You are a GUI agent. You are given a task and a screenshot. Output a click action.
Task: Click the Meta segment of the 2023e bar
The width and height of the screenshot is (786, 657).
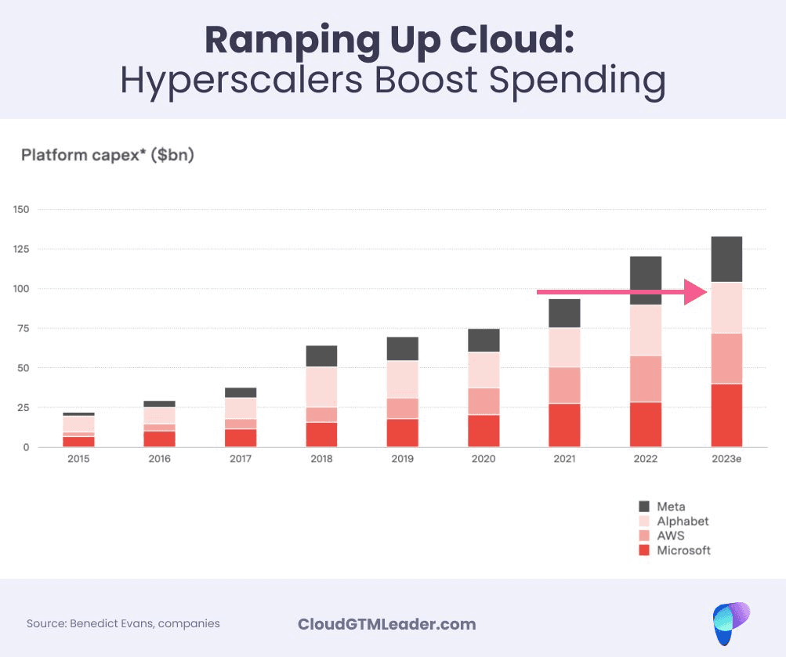click(726, 258)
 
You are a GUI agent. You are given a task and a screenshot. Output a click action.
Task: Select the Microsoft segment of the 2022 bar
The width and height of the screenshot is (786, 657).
click(646, 424)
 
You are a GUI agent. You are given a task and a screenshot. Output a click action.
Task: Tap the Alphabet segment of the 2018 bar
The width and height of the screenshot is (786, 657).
click(321, 387)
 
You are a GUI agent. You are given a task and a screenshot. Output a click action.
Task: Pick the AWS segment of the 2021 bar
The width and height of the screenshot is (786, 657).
click(564, 385)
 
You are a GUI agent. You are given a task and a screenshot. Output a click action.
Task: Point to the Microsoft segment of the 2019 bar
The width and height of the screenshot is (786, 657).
click(403, 433)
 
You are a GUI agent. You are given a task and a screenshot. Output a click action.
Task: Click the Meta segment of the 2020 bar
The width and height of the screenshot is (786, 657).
click(484, 340)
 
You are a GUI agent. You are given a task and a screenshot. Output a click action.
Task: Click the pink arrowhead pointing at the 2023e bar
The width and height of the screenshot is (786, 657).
click(696, 292)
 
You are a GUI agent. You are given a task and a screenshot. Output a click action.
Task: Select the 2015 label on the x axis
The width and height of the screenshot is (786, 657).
click(78, 459)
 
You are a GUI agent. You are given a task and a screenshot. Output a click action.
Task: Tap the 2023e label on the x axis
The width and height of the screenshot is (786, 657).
click(726, 459)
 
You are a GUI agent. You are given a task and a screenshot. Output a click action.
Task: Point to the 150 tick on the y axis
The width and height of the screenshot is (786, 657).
click(20, 210)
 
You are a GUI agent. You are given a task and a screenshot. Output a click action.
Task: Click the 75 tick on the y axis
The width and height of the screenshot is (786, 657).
click(23, 329)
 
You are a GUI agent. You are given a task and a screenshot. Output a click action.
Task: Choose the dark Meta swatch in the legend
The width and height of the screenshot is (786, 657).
click(645, 507)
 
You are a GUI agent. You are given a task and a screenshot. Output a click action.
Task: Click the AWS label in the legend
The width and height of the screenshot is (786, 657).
click(670, 536)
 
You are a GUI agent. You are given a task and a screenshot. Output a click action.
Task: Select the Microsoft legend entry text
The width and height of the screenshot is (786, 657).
click(683, 551)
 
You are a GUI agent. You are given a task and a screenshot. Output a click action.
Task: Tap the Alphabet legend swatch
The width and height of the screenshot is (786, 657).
click(645, 522)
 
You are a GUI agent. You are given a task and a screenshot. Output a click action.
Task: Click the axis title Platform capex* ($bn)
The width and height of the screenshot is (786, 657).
click(107, 155)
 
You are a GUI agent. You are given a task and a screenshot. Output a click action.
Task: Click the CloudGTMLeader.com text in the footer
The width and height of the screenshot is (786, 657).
click(387, 624)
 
